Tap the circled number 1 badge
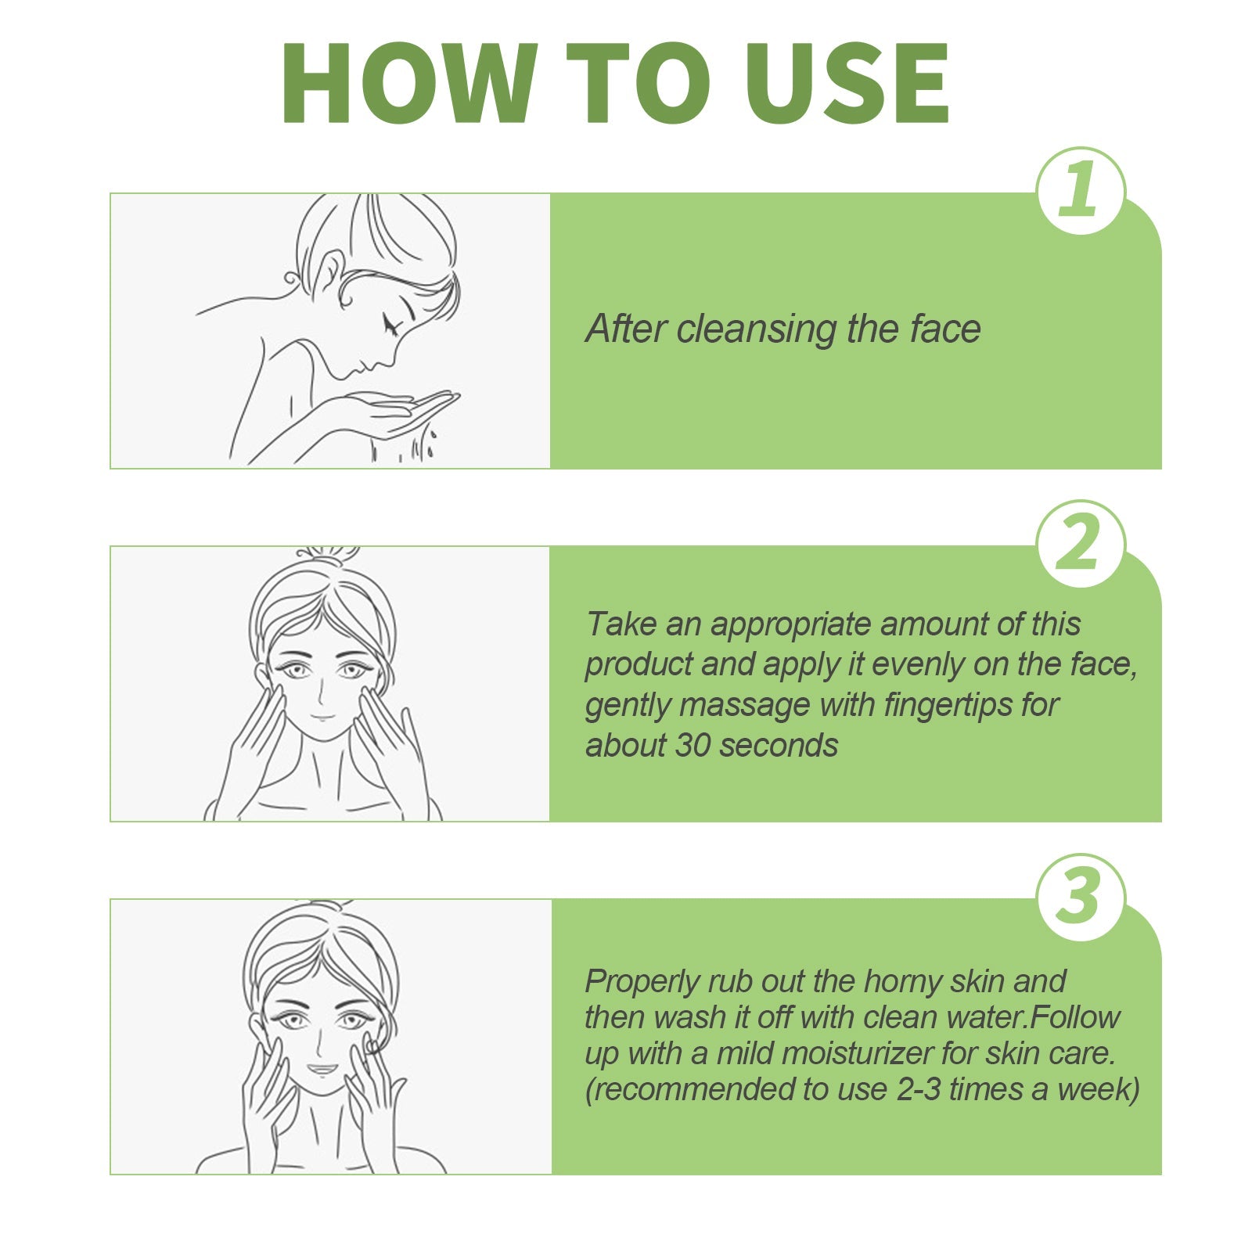pyautogui.click(x=1080, y=191)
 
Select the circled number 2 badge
pyautogui.click(x=1080, y=544)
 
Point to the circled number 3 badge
pyautogui.click(x=1080, y=897)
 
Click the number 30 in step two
pyautogui.click(x=692, y=746)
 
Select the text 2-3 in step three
pyautogui.click(x=919, y=1090)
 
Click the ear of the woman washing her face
pyautogui.click(x=328, y=274)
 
